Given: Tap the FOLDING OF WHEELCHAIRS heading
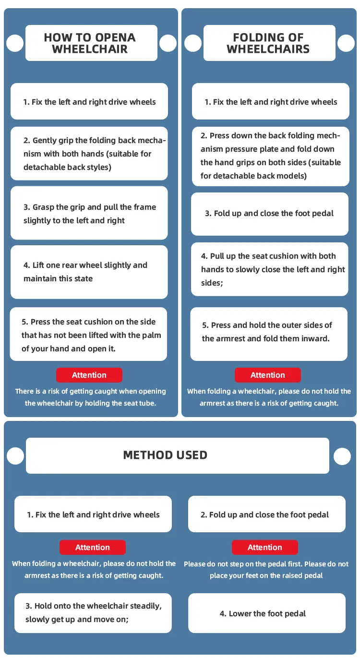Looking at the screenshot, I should tap(268, 43).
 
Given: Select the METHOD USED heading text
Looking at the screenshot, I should tap(165, 455).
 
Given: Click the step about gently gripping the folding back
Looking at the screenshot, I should tap(89, 154).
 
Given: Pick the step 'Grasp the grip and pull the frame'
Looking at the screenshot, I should tap(89, 214).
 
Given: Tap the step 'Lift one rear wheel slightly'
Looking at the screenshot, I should tap(89, 272).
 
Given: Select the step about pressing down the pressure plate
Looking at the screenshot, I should tap(270, 156).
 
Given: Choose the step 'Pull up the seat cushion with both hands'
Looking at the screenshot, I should tap(270, 269).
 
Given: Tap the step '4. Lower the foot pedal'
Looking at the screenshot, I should tap(267, 613).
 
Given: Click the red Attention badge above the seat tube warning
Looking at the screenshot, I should tap(89, 375).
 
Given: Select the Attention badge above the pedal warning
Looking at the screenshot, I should tap(265, 547).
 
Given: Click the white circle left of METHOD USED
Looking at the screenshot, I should tap(15, 456).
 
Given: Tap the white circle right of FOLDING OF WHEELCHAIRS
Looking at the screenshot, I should tap(346, 43).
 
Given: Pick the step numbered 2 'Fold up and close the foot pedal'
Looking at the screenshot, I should tap(267, 514).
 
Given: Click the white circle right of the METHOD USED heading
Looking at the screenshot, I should tap(342, 456).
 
